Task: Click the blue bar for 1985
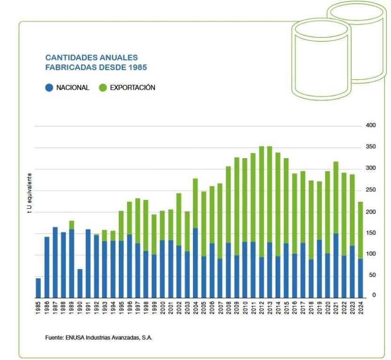click(x=38, y=288)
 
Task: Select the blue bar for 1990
click(x=80, y=283)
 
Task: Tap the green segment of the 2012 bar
click(x=261, y=202)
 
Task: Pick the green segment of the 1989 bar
click(x=71, y=225)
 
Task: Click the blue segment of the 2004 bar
click(x=195, y=263)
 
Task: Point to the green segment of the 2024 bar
click(x=360, y=230)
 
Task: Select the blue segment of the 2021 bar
click(x=336, y=266)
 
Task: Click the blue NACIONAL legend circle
click(x=49, y=87)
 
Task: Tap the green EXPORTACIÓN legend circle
click(x=103, y=87)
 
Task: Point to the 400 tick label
click(x=370, y=125)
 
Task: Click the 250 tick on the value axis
click(x=370, y=190)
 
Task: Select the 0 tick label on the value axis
click(x=374, y=295)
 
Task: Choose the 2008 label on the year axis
click(x=229, y=308)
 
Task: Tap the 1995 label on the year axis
click(x=122, y=308)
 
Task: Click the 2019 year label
click(x=320, y=308)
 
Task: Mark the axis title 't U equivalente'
click(x=30, y=193)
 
